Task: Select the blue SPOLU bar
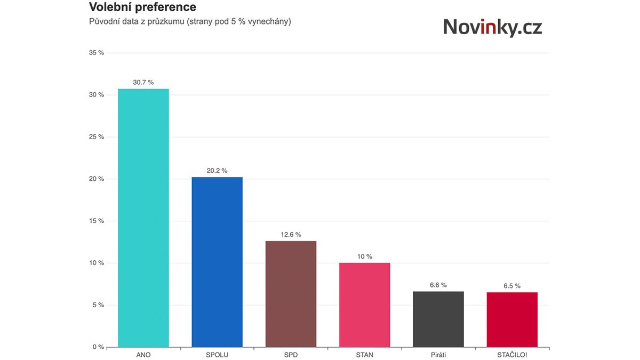point(217,261)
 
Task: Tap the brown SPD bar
point(291,293)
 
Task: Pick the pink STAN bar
point(365,305)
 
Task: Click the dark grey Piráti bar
point(438,319)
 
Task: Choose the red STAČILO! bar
point(512,319)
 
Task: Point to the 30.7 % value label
point(143,82)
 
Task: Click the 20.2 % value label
point(217,171)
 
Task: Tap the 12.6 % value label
point(291,235)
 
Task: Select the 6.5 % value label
point(512,286)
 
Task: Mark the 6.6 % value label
point(438,285)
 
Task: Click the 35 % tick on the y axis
point(97,53)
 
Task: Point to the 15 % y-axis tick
point(97,221)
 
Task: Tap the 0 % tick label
point(98,347)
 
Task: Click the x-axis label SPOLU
point(217,355)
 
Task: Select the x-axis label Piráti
point(438,355)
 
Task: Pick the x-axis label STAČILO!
point(512,355)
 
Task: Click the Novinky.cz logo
point(492,27)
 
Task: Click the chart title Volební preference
point(142,7)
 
